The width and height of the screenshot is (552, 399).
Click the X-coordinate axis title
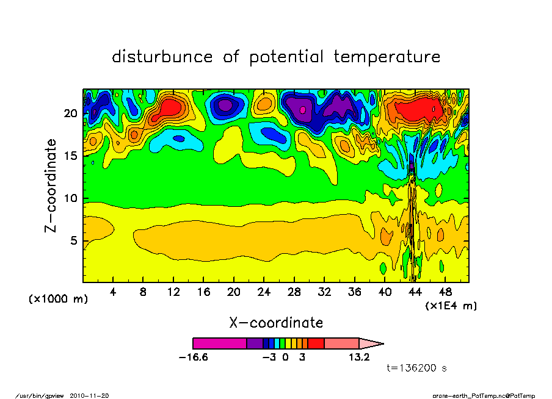click(276, 322)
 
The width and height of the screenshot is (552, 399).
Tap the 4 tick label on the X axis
click(113, 292)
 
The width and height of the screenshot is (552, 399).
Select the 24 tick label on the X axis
click(264, 292)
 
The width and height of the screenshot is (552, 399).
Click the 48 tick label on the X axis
click(445, 292)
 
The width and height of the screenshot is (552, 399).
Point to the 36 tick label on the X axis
click(355, 292)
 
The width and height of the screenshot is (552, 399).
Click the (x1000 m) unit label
click(59, 299)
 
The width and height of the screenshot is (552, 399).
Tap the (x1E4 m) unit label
click(451, 305)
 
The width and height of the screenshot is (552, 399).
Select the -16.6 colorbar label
click(193, 358)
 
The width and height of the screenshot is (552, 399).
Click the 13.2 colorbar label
click(358, 358)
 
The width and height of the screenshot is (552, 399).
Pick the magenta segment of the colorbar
click(219, 343)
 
